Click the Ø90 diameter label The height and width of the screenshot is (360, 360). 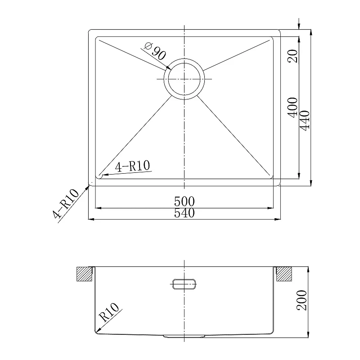(x=155, y=51)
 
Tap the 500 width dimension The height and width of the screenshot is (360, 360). (x=184, y=202)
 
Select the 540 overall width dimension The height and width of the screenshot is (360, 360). (x=184, y=213)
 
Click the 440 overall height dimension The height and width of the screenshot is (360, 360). (x=305, y=121)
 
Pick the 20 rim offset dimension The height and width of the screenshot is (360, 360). (x=293, y=56)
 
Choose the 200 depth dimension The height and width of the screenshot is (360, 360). (x=301, y=300)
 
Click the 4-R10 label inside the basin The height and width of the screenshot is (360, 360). (x=132, y=166)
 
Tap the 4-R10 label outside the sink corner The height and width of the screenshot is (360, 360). (x=66, y=203)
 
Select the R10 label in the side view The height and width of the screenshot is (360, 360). (x=109, y=312)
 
